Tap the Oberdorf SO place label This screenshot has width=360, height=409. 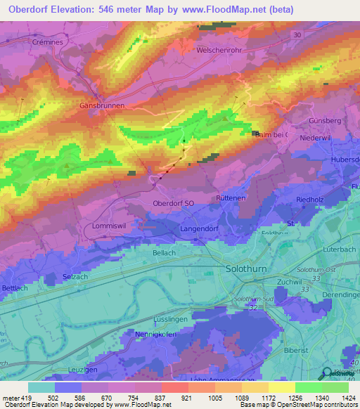pyautogui.click(x=173, y=203)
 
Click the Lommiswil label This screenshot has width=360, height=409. pyautogui.click(x=109, y=226)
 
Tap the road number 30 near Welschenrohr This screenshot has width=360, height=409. pyautogui.click(x=297, y=34)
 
